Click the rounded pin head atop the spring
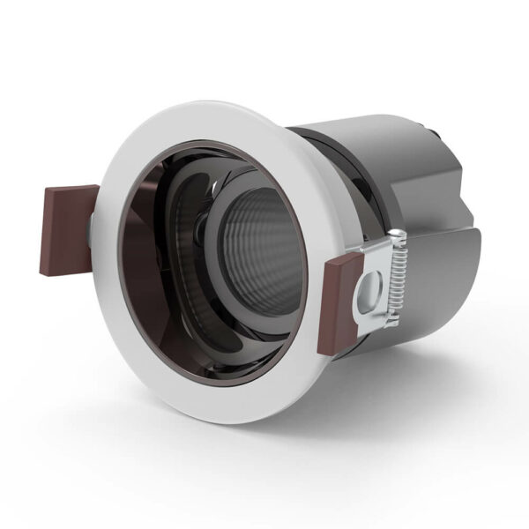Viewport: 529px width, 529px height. click(x=399, y=235)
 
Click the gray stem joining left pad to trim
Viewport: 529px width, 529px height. click(x=93, y=231)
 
